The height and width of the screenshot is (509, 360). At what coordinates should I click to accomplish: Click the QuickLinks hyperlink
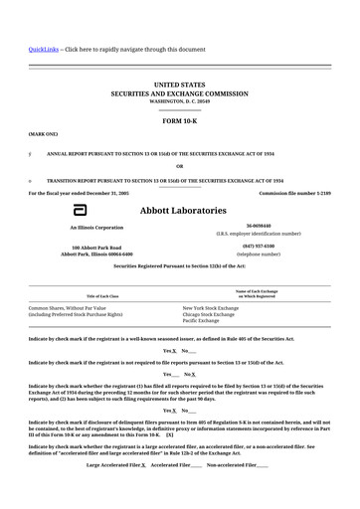pyautogui.click(x=44, y=49)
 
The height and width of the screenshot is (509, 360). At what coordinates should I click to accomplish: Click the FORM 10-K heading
pyautogui.click(x=179, y=119)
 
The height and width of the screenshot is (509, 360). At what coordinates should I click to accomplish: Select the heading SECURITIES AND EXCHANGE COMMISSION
pyautogui.click(x=179, y=93)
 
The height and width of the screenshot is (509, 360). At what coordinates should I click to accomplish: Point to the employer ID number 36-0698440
pyautogui.click(x=259, y=226)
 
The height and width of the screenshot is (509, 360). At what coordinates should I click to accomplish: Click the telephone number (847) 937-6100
pyautogui.click(x=259, y=246)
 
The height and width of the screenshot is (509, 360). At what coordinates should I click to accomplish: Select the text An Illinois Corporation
pyautogui.click(x=96, y=228)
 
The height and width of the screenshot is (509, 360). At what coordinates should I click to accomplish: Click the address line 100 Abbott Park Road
pyautogui.click(x=96, y=247)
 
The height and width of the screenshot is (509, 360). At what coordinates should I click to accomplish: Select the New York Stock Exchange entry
pyautogui.click(x=211, y=308)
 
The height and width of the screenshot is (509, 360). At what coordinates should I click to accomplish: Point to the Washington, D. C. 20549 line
pyautogui.click(x=179, y=101)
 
